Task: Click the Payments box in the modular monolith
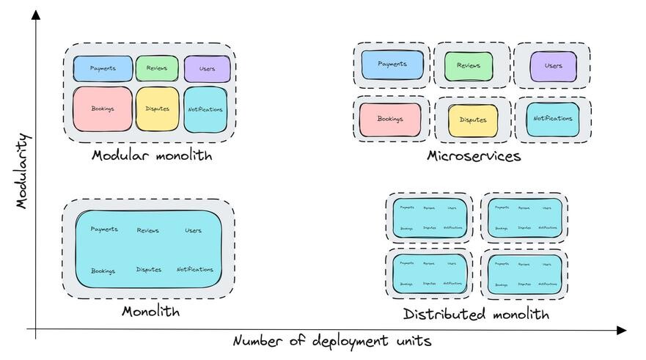[x=103, y=69]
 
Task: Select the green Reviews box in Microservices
[x=469, y=66]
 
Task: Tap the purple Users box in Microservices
[x=553, y=66]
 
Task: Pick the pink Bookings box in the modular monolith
[x=103, y=109]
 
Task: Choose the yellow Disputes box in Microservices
[x=473, y=120]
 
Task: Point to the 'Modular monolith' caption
[x=152, y=155]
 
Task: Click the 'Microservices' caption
[x=474, y=156]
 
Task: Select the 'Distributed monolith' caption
[x=476, y=315]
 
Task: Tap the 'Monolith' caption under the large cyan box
[x=150, y=312]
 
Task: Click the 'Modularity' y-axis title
[x=22, y=171]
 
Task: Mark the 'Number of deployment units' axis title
[x=332, y=342]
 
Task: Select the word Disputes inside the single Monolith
[x=149, y=270]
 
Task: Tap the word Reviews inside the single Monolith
[x=147, y=230]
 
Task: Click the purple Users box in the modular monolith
[x=207, y=69]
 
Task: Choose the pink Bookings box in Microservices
[x=390, y=119]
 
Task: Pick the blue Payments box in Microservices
[x=392, y=65]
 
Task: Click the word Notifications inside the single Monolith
[x=195, y=270]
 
